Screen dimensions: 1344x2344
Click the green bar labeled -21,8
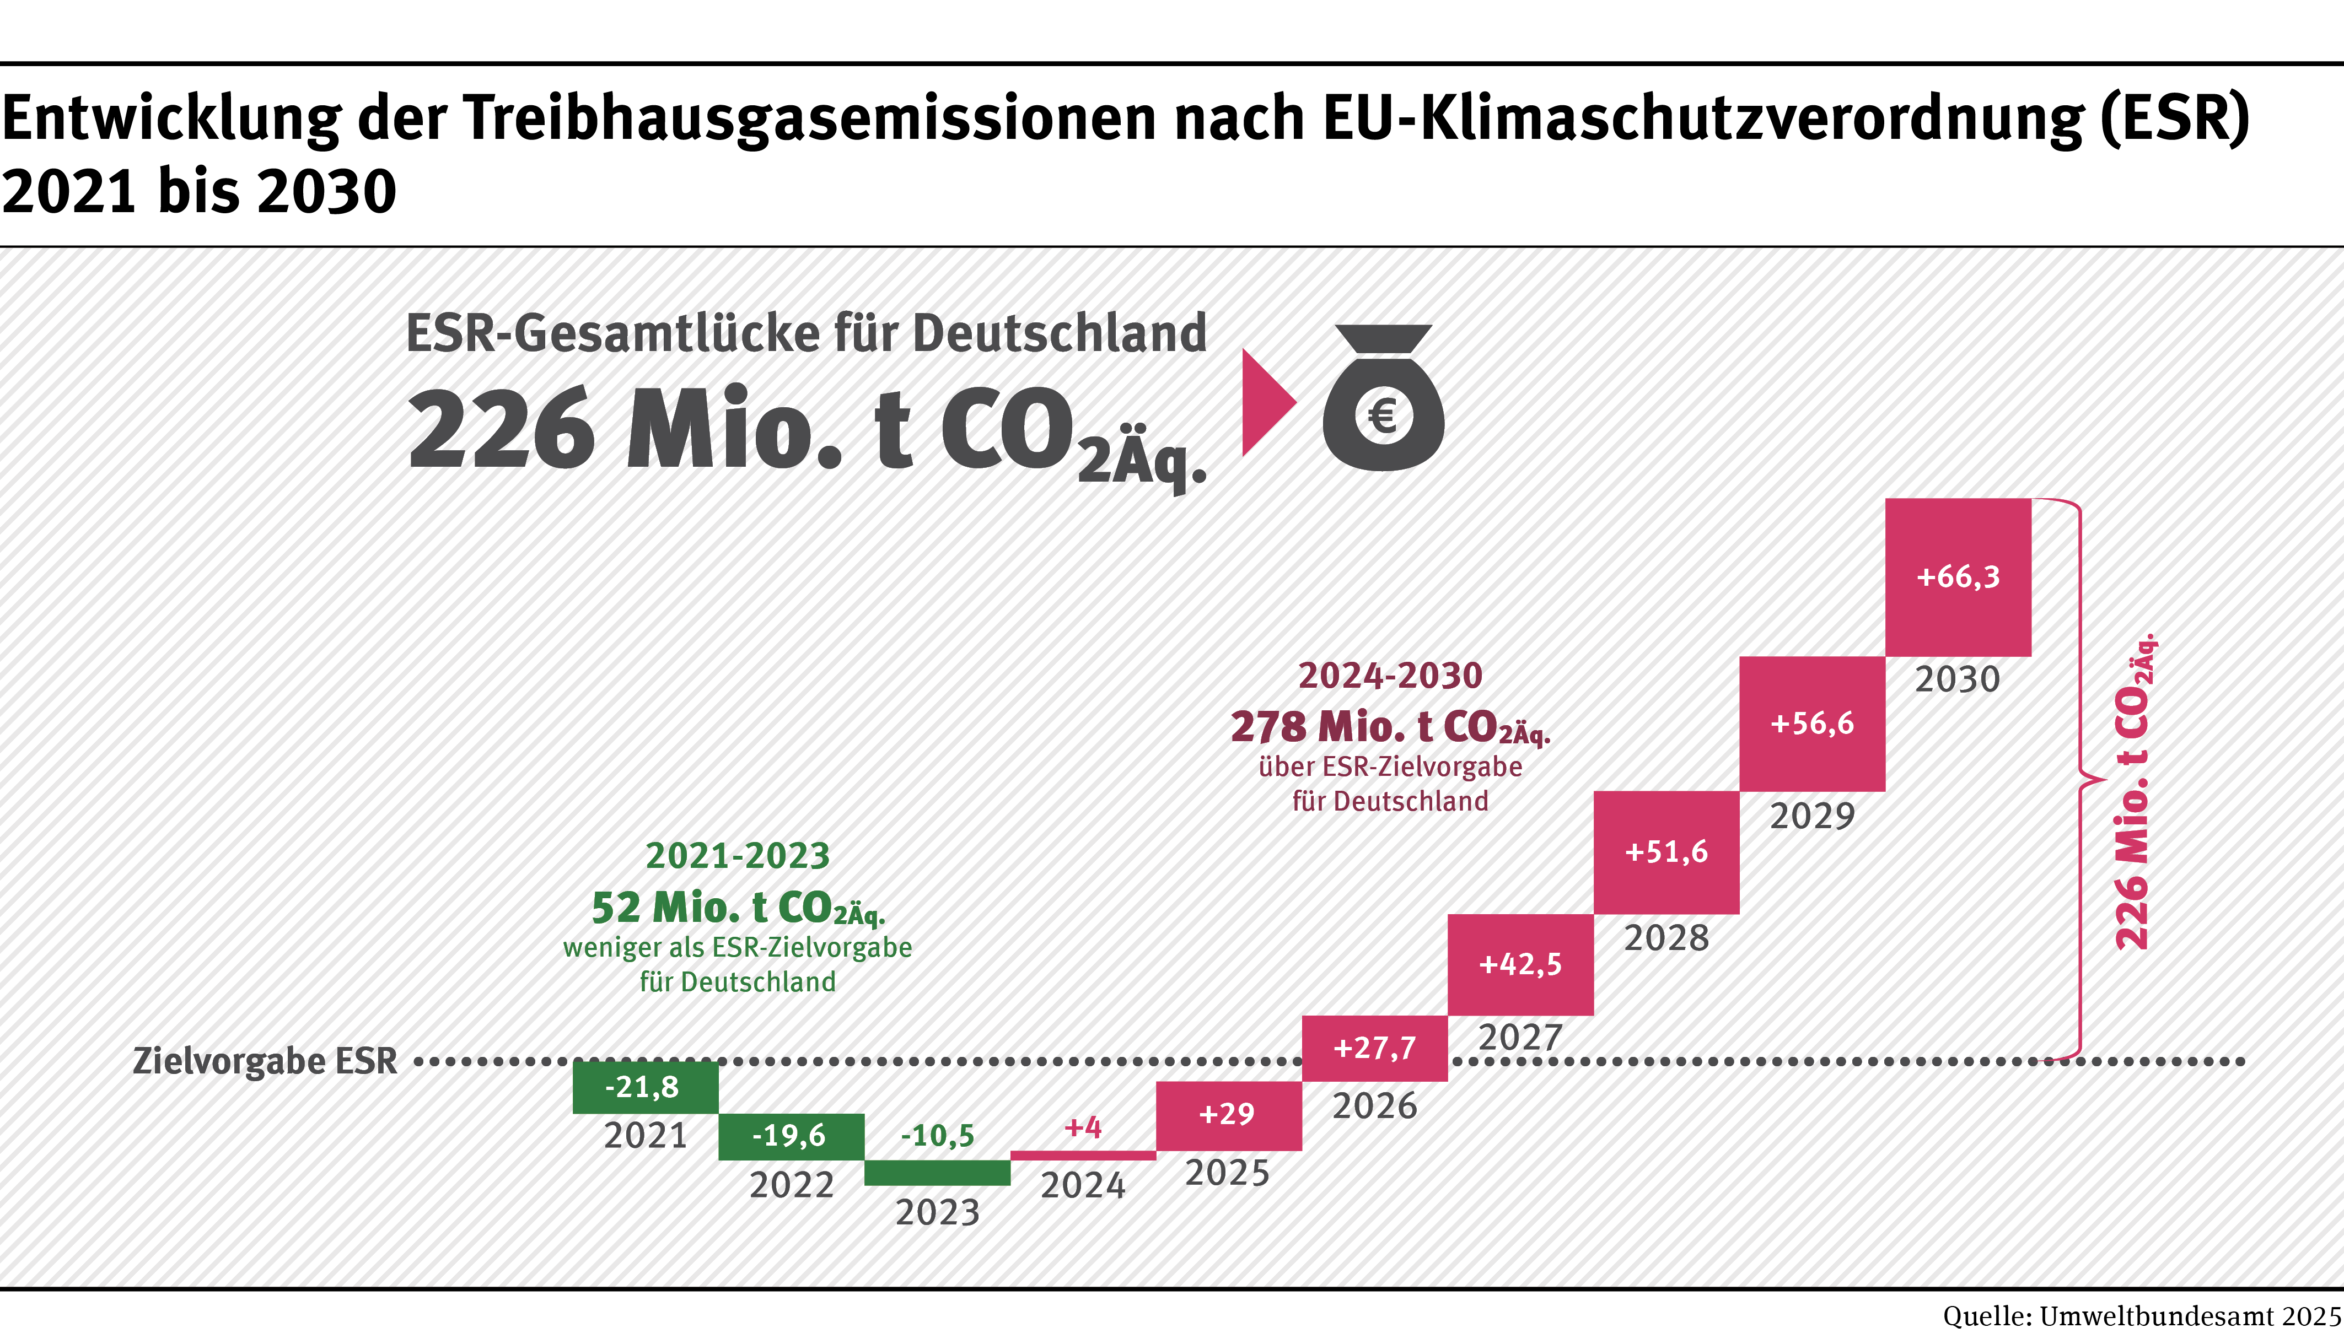pyautogui.click(x=646, y=1087)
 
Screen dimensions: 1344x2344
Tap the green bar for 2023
pyautogui.click(x=937, y=1172)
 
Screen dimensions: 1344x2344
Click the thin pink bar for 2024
pyautogui.click(x=1083, y=1156)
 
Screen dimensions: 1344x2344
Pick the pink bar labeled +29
pyautogui.click(x=1229, y=1115)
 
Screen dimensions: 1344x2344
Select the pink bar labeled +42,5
pyautogui.click(x=1520, y=965)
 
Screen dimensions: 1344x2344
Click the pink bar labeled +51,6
pyautogui.click(x=1666, y=852)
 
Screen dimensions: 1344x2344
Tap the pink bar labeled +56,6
pyautogui.click(x=1812, y=724)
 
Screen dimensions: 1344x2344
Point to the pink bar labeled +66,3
pyautogui.click(x=1958, y=577)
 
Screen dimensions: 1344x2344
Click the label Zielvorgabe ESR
pyautogui.click(x=265, y=1061)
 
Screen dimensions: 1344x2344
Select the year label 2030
pyautogui.click(x=1957, y=679)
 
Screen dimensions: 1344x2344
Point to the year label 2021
pyautogui.click(x=646, y=1135)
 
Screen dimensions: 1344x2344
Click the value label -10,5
pyautogui.click(x=937, y=1135)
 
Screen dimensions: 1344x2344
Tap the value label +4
pyautogui.click(x=1083, y=1127)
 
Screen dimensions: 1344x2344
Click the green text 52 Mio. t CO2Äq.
pyautogui.click(x=738, y=908)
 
